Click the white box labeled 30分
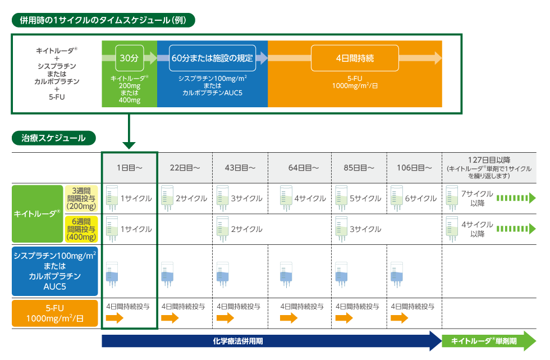129,58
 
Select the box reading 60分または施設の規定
212,58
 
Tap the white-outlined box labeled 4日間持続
355,58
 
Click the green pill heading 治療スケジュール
54,138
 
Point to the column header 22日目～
185,167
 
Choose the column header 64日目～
304,167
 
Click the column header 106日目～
415,167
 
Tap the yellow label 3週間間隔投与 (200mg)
81,198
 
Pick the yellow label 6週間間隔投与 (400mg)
81,229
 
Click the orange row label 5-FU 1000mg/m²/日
55,314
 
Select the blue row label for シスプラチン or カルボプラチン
55,271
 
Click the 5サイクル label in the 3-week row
365,198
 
